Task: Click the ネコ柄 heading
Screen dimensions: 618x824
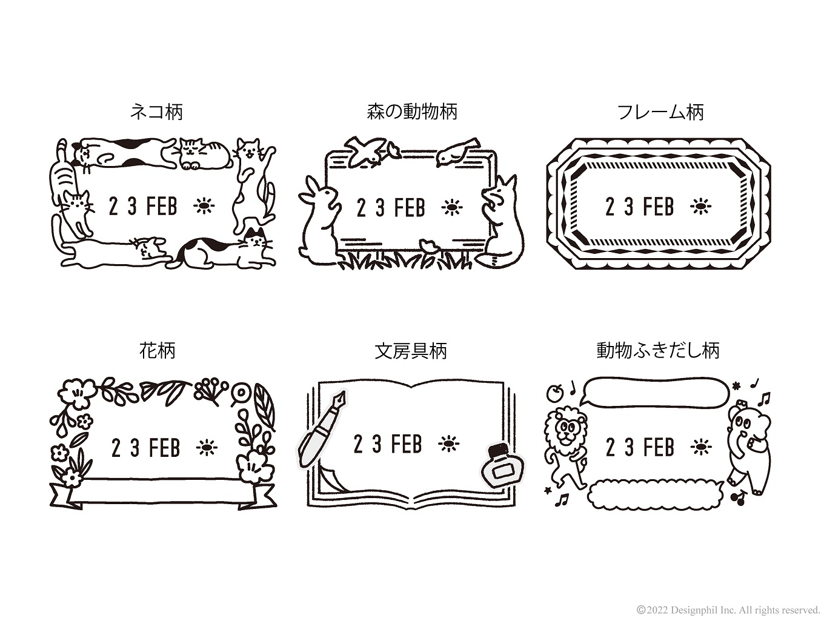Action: point(156,112)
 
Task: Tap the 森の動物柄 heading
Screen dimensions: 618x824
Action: point(412,112)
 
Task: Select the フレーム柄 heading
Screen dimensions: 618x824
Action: point(660,112)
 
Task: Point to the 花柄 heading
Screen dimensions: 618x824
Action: point(157,350)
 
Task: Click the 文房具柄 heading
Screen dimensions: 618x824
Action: point(411,350)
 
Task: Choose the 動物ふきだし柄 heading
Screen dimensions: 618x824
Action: point(658,350)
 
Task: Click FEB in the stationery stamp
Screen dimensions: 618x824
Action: point(407,444)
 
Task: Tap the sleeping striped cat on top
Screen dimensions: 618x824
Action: point(204,153)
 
